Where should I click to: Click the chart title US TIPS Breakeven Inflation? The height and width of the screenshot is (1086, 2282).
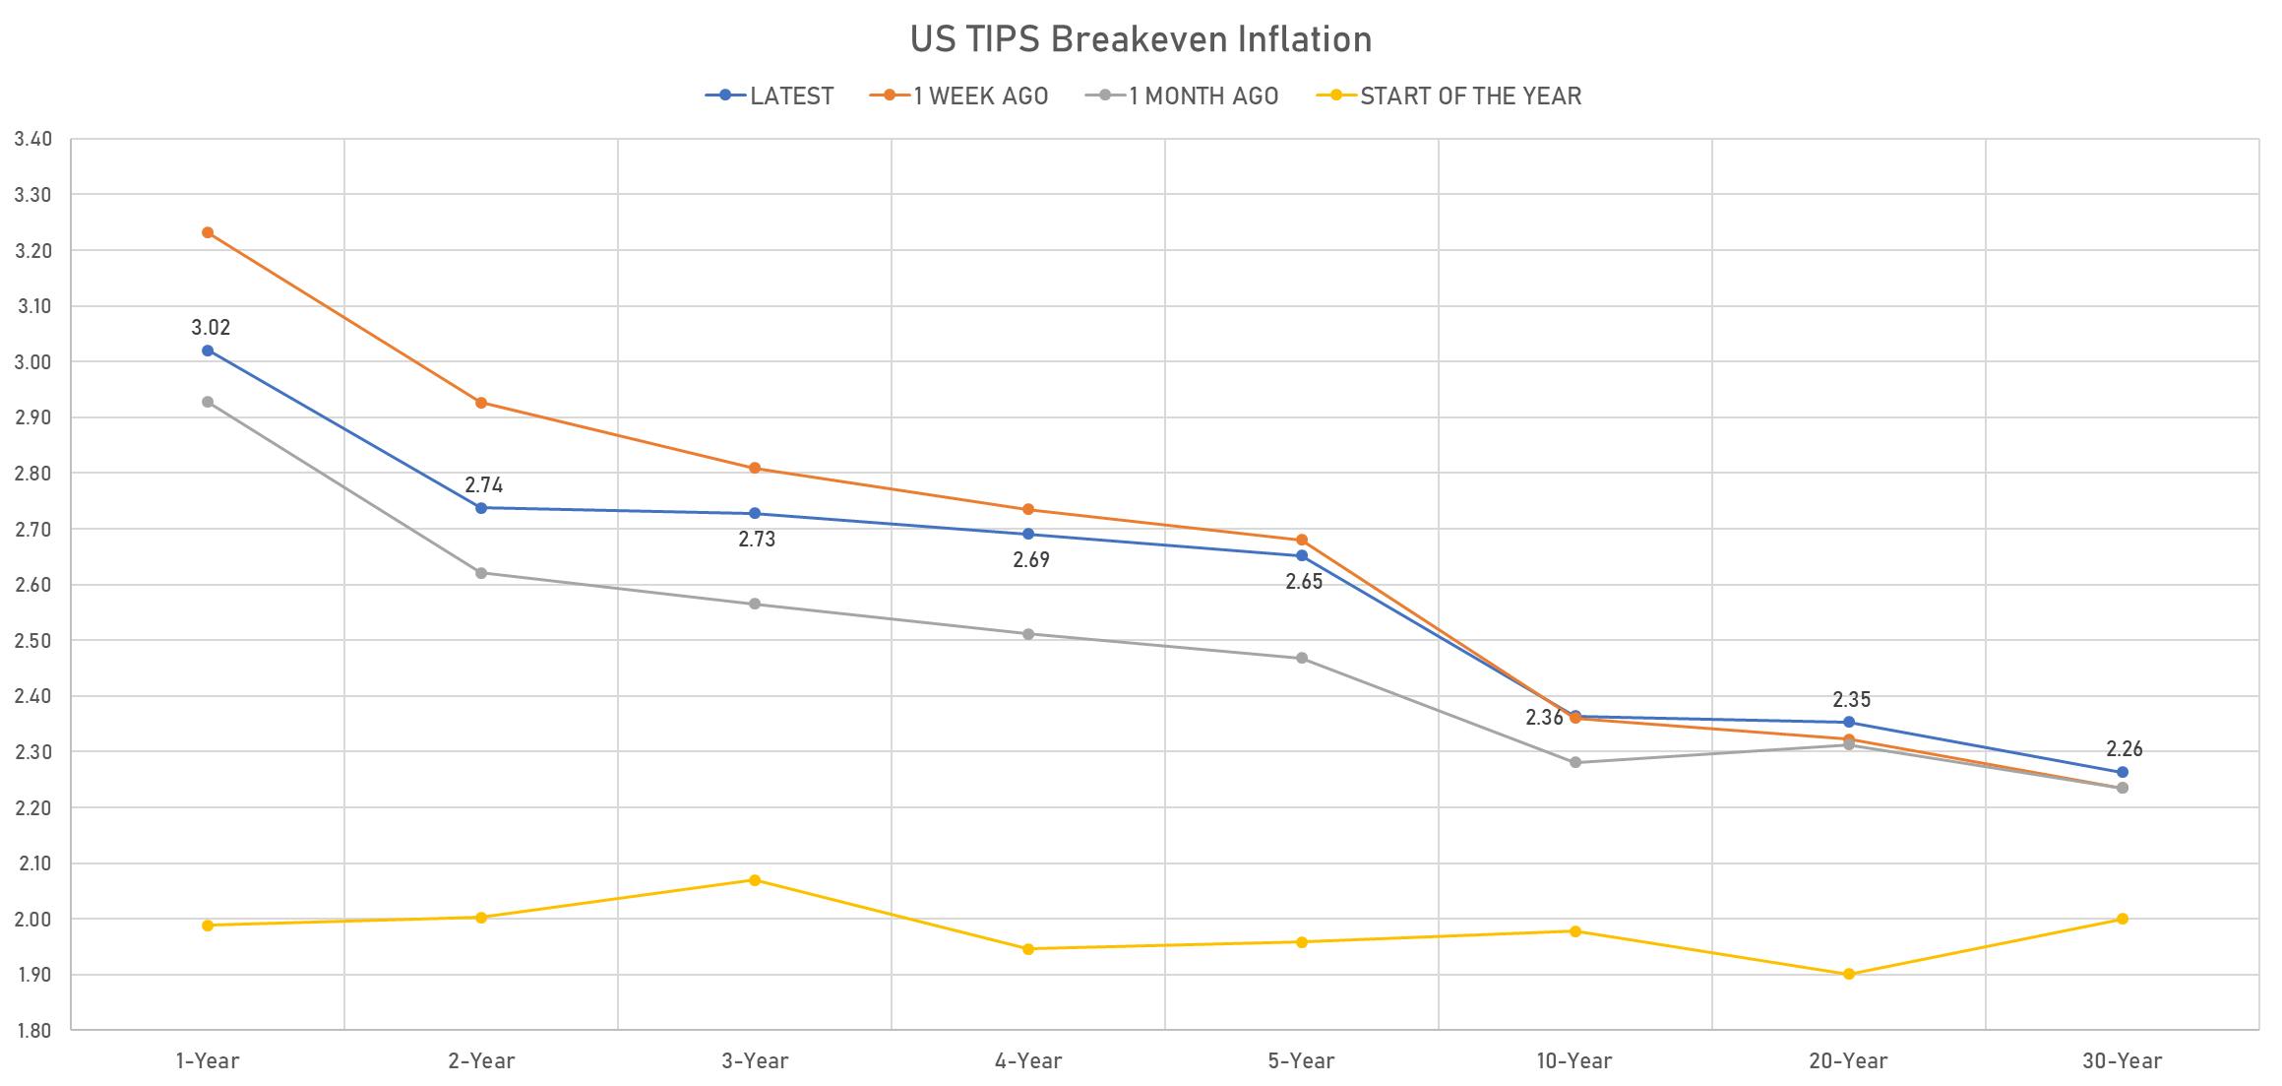1141,39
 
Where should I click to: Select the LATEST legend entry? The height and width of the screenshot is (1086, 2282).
770,96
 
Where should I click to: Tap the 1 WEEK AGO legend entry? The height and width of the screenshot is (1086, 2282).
959,96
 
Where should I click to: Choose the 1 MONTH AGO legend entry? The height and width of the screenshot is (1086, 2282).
1183,96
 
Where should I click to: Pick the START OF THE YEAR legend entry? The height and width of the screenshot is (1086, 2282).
1449,96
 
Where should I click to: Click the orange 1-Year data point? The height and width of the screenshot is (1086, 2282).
208,233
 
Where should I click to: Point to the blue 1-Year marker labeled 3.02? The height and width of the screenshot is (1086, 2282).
208,351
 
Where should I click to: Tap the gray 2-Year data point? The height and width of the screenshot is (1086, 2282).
481,573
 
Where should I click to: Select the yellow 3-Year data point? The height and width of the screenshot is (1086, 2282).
755,880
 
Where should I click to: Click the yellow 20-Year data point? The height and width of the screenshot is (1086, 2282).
1849,975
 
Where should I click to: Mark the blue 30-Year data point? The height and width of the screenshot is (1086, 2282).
2123,772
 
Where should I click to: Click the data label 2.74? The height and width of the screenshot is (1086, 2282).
484,485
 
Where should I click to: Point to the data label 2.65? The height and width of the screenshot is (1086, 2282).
1304,582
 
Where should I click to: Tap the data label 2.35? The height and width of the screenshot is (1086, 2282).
1851,700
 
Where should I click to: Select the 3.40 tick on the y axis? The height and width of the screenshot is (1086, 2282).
33,139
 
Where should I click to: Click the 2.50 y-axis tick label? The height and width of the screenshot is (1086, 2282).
33,641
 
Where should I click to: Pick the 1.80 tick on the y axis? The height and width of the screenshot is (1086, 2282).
33,1031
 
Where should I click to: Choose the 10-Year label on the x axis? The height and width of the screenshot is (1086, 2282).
1574,1061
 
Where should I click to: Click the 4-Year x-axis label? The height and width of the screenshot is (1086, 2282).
1028,1061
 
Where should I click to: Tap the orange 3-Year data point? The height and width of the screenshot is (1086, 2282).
755,469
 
